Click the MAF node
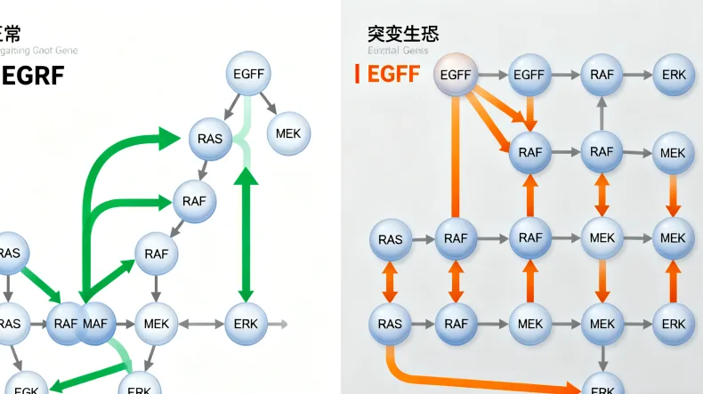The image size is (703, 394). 97,324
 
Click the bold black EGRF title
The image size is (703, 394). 33,76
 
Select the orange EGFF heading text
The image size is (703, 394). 393,74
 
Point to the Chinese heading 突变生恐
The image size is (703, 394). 402,34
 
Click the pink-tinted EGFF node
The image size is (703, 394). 456,75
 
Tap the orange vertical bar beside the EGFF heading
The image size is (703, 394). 357,74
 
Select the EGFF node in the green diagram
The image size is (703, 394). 248,75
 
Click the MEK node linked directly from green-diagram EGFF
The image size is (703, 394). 288,133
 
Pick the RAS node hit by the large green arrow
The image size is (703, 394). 211,138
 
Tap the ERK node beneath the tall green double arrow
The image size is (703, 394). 246,324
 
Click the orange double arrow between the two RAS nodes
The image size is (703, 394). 390,282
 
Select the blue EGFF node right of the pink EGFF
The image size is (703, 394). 529,75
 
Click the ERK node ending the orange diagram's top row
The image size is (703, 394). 674,75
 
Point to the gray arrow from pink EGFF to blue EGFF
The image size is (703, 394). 492,75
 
